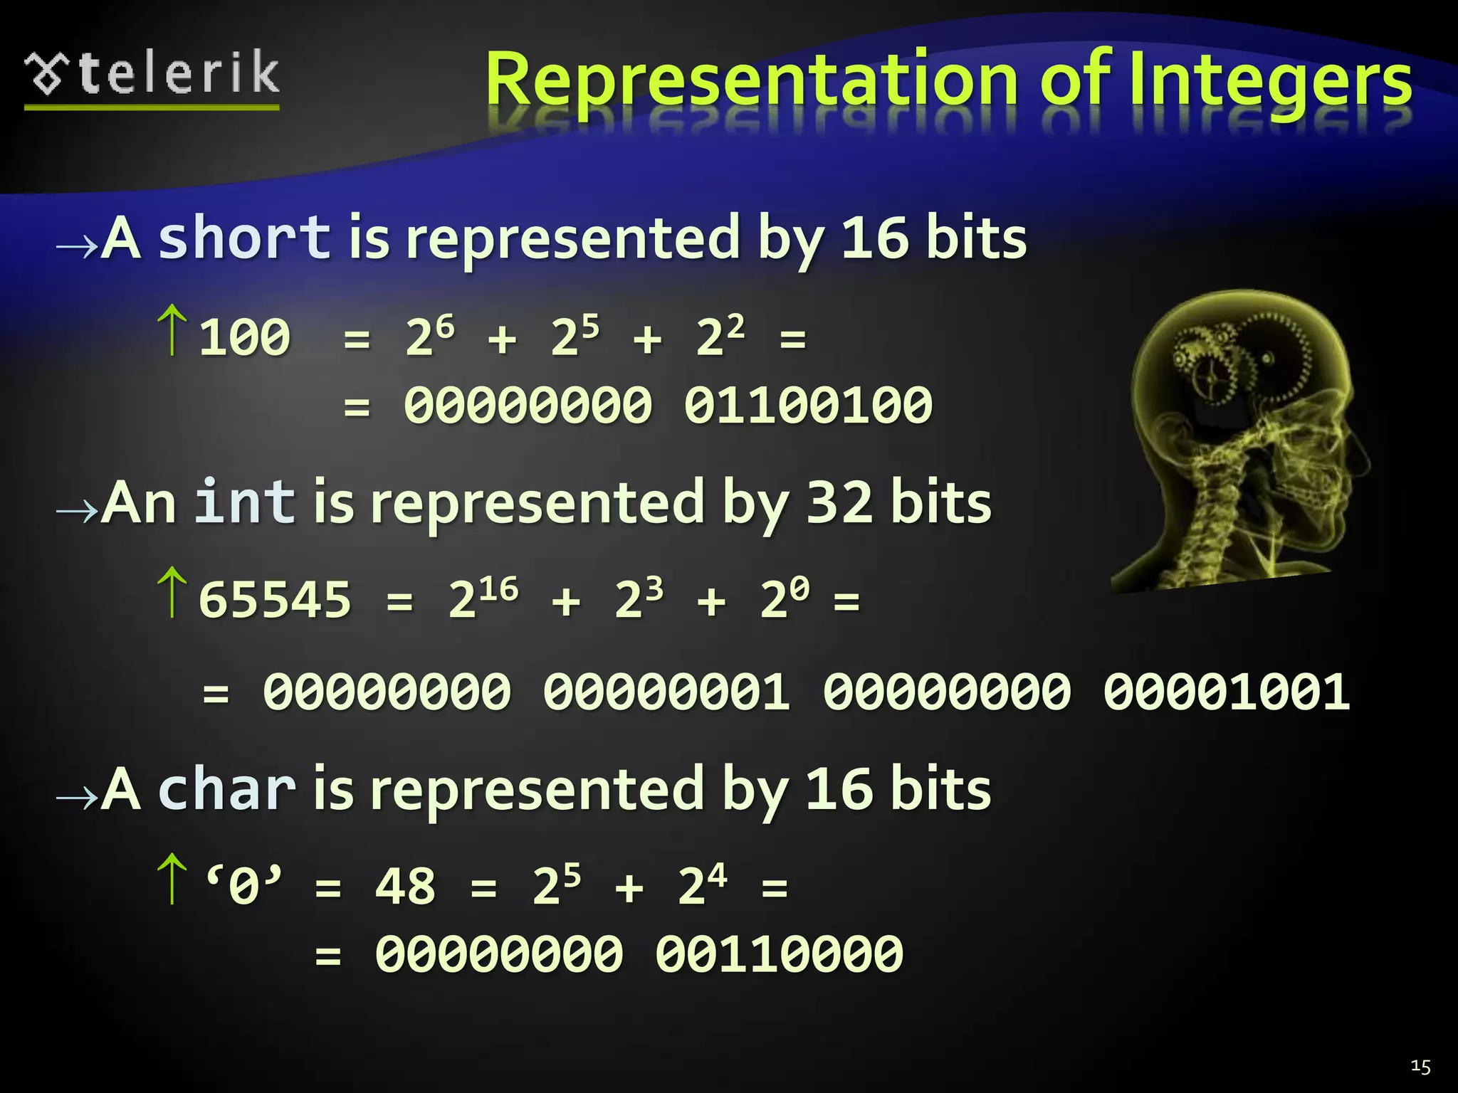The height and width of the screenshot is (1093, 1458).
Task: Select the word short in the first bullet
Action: (x=244, y=238)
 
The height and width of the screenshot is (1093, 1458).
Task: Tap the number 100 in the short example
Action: (x=244, y=337)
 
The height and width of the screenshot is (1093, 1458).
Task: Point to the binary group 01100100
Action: (x=808, y=406)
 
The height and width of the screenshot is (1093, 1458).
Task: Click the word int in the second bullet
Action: (x=244, y=502)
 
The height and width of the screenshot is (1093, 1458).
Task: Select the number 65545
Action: (x=275, y=600)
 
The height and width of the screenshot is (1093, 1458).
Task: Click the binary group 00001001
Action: (x=1226, y=692)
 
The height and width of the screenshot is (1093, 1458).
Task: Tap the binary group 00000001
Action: (x=666, y=692)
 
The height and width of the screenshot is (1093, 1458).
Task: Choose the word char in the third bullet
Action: (x=226, y=790)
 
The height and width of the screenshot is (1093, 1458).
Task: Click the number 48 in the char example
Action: (x=405, y=887)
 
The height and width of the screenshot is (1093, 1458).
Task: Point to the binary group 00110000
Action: (x=780, y=955)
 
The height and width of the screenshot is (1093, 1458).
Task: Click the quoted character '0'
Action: (x=243, y=885)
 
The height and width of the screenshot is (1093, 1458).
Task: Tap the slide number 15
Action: (x=1420, y=1066)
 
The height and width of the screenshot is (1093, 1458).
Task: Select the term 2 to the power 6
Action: (x=430, y=336)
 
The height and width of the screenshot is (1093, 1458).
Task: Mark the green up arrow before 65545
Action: (x=172, y=592)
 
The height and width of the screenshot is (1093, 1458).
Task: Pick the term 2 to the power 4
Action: (x=702, y=885)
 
